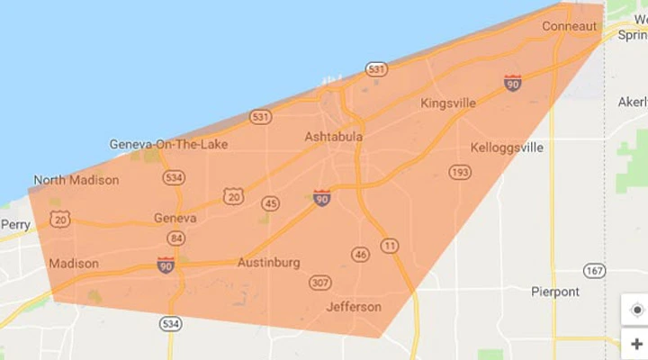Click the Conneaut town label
coord(569,27)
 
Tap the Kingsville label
coord(448,103)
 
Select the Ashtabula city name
coord(334,137)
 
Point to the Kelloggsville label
coord(507,147)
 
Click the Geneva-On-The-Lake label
coord(168,144)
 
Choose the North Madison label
coord(76,180)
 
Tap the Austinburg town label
coord(268,263)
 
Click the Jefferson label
coord(354,306)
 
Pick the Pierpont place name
coord(555,292)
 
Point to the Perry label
coord(15,224)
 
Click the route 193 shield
coord(460,172)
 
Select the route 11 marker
coord(390,245)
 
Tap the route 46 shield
coord(361,255)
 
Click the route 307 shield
coord(319,283)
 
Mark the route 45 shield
coord(270,203)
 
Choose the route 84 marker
coord(175,238)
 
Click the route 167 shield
coord(593,270)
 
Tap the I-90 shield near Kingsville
coord(513,83)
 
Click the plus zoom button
coord(637,344)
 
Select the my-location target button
coord(637,310)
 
